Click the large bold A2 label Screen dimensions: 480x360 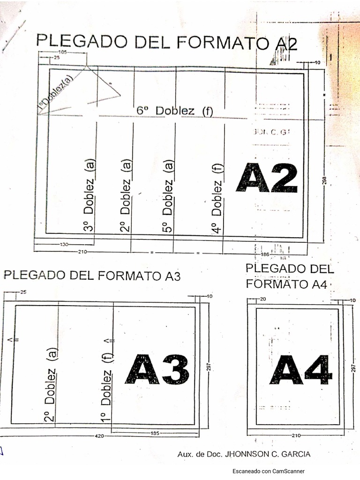[x=266, y=178]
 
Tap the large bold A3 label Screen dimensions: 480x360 [x=157, y=369]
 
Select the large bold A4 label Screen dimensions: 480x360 [x=300, y=370]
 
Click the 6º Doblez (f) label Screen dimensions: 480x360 [x=175, y=111]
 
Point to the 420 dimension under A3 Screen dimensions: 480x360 [x=99, y=436]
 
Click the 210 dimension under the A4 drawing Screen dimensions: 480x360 [x=296, y=436]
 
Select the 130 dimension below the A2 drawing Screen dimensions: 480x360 [x=64, y=244]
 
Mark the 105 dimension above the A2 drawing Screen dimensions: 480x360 [x=62, y=52]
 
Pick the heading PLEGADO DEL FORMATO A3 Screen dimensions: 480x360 [x=92, y=275]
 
